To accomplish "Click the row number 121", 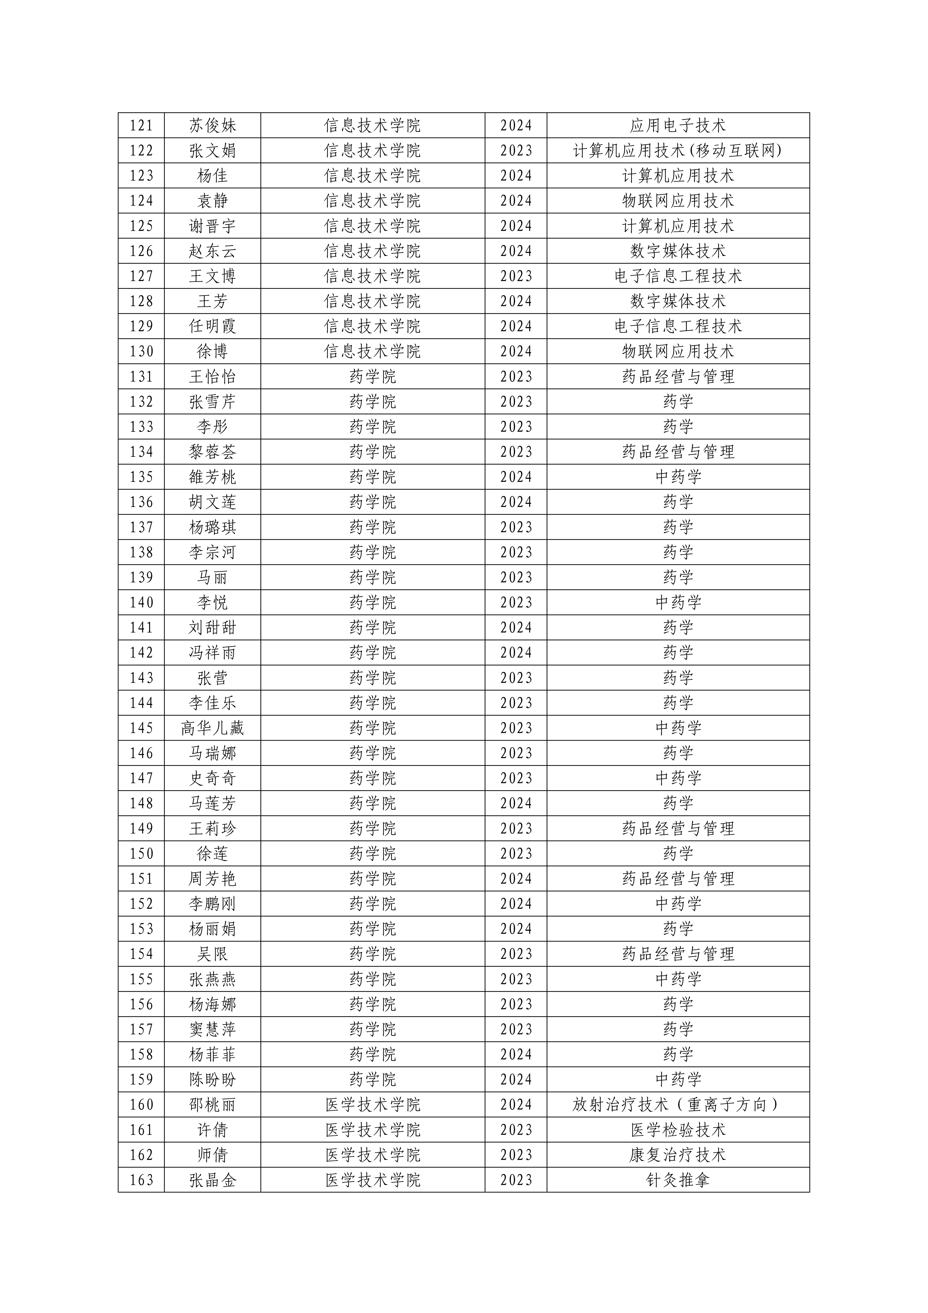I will click(141, 125).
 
